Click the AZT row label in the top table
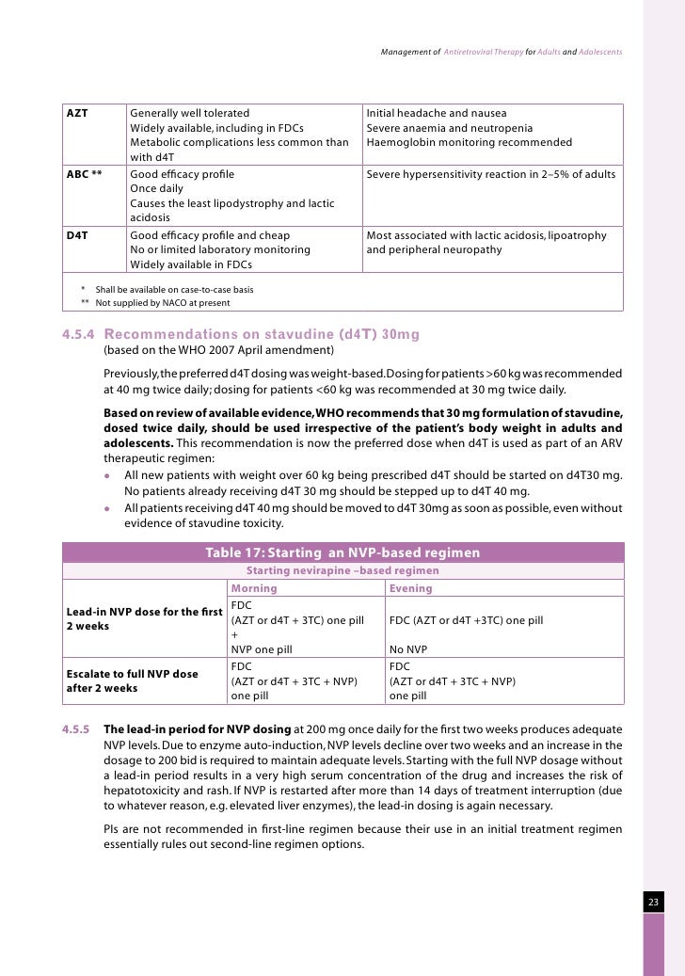(x=76, y=113)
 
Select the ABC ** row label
(x=84, y=174)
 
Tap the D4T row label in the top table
(x=77, y=235)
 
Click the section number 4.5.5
(x=76, y=729)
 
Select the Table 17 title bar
(x=342, y=552)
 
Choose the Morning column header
(x=254, y=588)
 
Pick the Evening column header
(x=411, y=588)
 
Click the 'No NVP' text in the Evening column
(x=407, y=649)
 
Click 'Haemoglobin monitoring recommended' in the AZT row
(x=469, y=143)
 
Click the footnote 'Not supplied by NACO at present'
(x=162, y=303)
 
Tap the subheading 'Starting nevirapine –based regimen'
(x=342, y=570)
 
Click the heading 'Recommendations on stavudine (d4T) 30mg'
(x=262, y=334)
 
